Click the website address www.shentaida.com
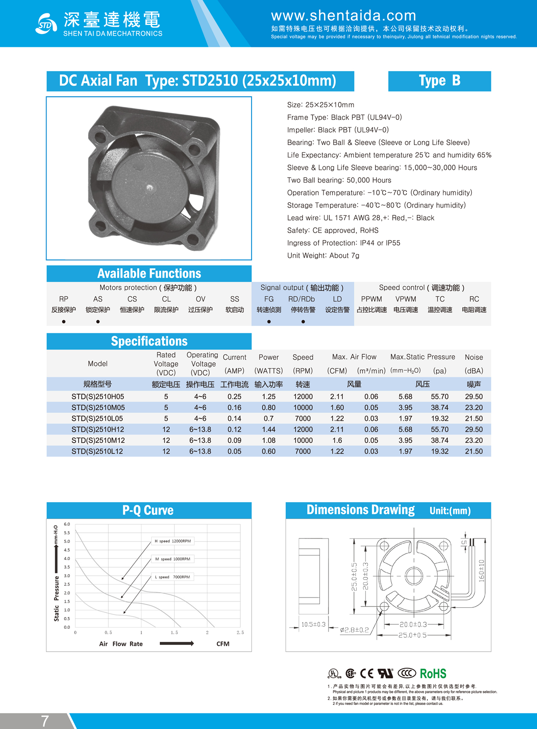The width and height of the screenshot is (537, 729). click(343, 16)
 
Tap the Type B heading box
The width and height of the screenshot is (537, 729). click(439, 81)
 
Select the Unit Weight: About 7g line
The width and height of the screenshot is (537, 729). click(323, 255)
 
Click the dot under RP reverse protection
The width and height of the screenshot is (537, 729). click(64, 322)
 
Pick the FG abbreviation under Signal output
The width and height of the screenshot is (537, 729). click(268, 299)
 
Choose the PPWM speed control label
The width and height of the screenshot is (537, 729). click(371, 299)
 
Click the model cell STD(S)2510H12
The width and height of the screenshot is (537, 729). click(98, 429)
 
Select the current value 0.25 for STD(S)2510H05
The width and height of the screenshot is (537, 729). click(234, 397)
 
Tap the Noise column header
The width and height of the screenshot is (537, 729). click(473, 357)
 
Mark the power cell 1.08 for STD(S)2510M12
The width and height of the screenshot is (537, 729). click(268, 441)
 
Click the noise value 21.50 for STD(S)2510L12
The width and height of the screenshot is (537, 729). click(473, 451)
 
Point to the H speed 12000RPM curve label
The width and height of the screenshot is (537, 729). click(172, 541)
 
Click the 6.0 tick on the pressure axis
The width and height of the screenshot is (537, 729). click(67, 524)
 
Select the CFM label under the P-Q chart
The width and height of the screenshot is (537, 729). click(223, 644)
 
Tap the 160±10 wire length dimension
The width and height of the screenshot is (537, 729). click(482, 570)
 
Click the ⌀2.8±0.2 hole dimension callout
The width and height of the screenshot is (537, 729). click(354, 630)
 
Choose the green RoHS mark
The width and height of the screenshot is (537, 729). click(433, 674)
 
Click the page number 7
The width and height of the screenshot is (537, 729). click(45, 721)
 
